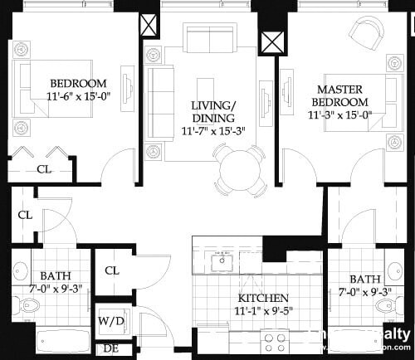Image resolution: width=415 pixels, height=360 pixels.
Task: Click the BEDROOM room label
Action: (x=78, y=83)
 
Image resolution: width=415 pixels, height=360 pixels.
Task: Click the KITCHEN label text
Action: (x=263, y=298)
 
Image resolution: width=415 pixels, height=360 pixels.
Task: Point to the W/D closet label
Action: (x=110, y=321)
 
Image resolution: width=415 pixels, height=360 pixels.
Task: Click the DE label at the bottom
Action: (x=110, y=348)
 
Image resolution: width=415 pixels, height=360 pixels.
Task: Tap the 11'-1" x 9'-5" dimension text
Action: (x=264, y=311)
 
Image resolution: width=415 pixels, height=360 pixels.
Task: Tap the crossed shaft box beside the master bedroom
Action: (x=271, y=42)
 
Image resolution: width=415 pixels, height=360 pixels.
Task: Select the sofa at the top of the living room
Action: (x=208, y=38)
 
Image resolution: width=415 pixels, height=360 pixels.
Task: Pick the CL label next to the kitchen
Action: (x=112, y=271)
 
